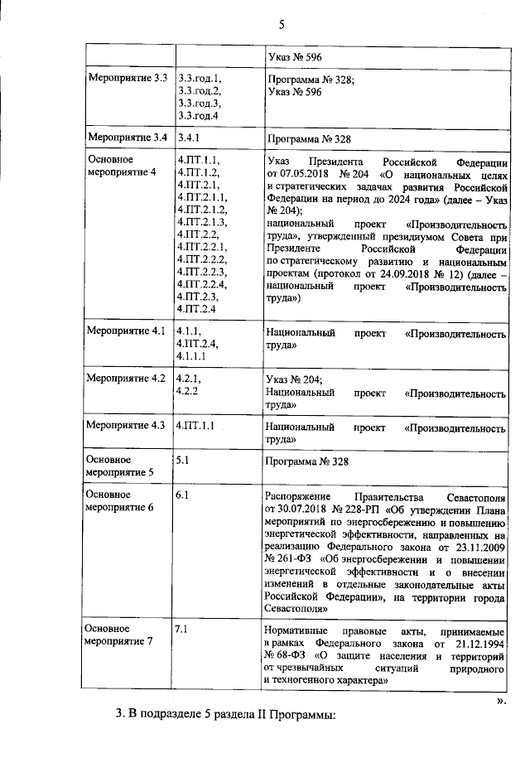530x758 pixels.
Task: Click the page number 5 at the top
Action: pos(281,25)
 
